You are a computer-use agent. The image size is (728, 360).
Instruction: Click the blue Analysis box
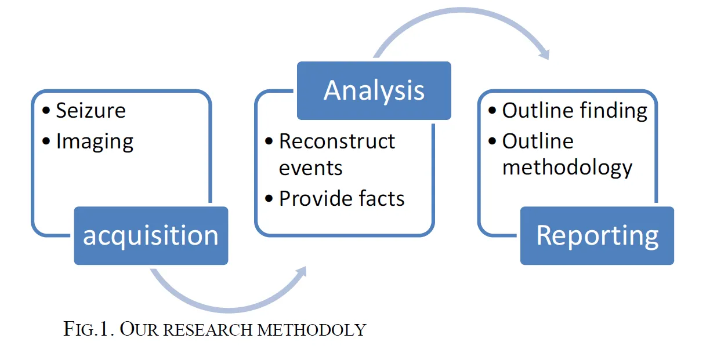pos(374,90)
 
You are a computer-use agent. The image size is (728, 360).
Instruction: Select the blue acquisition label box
pos(151,235)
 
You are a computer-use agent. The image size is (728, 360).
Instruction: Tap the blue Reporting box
pos(597,235)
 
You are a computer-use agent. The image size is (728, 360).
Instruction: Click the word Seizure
pos(90,110)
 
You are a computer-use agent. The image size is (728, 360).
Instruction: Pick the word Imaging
pos(95,141)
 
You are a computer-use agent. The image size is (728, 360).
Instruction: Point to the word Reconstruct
pos(337,141)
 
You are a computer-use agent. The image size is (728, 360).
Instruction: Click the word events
pos(310,168)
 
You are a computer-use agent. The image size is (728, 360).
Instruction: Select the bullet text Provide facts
pos(342,198)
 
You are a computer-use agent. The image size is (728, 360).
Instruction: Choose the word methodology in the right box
pos(567,168)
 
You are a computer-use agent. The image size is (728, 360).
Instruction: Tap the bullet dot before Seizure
pos(47,111)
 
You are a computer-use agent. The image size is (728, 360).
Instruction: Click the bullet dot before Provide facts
pos(269,199)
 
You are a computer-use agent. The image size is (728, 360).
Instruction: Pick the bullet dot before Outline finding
pos(492,111)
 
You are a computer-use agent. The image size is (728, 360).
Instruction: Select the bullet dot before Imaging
pos(47,141)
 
